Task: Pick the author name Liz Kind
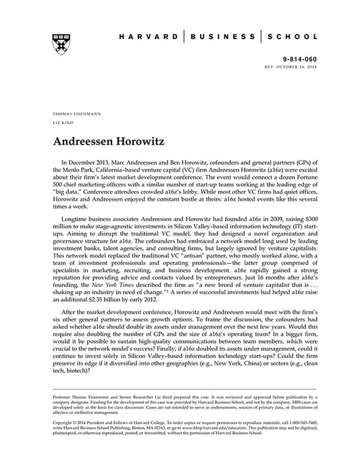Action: (63, 125)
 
